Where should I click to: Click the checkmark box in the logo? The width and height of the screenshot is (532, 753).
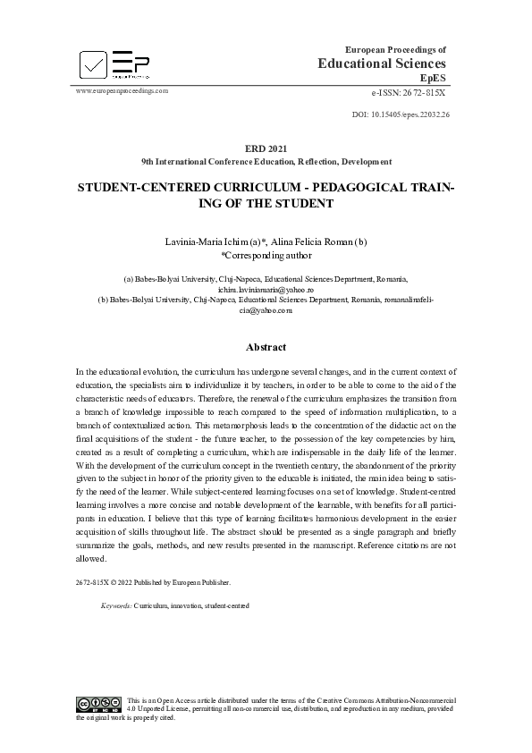(x=93, y=64)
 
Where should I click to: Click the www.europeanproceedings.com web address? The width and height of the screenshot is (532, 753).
(x=122, y=90)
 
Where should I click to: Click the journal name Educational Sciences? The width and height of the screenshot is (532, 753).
(x=382, y=63)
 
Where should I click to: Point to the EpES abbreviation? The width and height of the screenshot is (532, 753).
(x=433, y=79)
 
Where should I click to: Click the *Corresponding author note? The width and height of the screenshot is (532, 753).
(x=266, y=254)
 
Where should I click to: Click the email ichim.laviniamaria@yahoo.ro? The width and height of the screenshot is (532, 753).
(x=266, y=291)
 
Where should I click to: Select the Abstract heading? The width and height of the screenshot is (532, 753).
(x=266, y=347)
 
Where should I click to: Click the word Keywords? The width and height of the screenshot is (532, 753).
(x=116, y=605)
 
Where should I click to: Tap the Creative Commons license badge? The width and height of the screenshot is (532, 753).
(x=98, y=703)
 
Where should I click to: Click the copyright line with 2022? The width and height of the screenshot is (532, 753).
(x=153, y=581)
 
